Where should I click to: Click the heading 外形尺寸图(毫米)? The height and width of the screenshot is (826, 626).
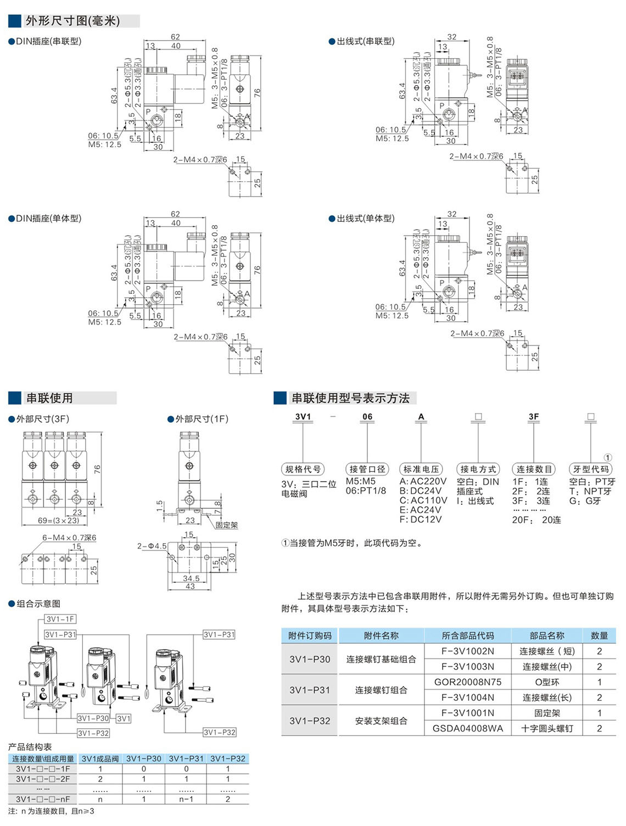[x=72, y=21]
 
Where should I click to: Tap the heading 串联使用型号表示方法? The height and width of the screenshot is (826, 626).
[x=350, y=398]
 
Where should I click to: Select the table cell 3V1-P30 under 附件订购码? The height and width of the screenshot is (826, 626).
[x=310, y=659]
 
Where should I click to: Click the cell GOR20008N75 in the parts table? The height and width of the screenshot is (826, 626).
[x=467, y=682]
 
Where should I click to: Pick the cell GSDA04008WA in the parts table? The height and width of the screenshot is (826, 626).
[x=467, y=728]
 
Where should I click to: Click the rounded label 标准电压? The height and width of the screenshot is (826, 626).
[x=421, y=469]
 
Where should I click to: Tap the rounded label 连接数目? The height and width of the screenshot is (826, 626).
[x=534, y=469]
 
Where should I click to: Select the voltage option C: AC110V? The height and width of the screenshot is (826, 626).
[x=423, y=500]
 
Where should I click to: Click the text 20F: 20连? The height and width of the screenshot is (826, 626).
[x=536, y=520]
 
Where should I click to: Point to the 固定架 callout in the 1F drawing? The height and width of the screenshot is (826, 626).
[x=226, y=526]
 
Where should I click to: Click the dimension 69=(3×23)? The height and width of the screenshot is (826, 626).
[x=59, y=520]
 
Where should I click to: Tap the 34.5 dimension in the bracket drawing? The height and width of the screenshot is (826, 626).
[x=191, y=578]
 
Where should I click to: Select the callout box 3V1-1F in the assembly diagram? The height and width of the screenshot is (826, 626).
[x=60, y=619]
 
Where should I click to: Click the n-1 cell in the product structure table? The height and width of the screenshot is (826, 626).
[x=186, y=799]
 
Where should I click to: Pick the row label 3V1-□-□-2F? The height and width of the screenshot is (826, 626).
[x=43, y=779]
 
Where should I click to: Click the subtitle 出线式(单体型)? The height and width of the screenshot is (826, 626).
[x=365, y=219]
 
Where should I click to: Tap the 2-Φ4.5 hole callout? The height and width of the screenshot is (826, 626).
[x=152, y=546]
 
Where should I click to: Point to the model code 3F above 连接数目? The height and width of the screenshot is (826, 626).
[x=533, y=417]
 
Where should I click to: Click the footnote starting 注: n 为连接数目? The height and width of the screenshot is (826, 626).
[x=51, y=811]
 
